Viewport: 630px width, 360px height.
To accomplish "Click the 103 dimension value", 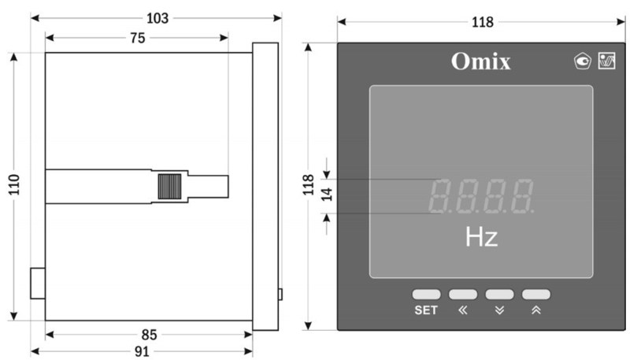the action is (157, 18).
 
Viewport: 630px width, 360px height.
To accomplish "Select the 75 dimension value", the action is (137, 38).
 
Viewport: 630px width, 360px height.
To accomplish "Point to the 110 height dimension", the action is (14, 185).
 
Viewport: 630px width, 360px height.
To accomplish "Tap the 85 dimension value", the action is (149, 335).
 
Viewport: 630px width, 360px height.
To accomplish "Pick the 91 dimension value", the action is (142, 351).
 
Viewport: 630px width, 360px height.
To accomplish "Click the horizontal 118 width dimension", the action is (482, 22).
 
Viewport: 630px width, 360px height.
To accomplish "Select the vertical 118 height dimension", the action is (308, 185).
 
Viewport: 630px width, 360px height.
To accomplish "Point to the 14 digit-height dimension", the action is (327, 195).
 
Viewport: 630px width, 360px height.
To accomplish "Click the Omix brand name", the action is (481, 61).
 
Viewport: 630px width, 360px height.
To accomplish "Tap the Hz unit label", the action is (481, 237).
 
